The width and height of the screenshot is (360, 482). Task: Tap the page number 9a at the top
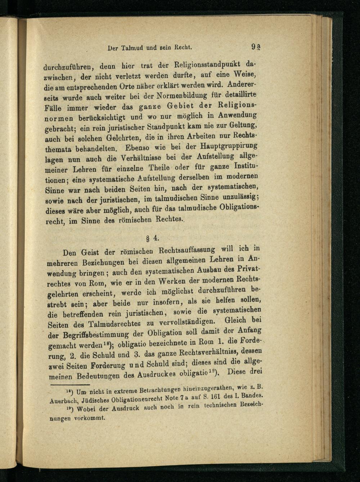[256, 47]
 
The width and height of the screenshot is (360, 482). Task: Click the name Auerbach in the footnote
[60, 400]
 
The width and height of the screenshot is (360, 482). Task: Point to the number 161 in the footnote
[211, 396]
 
